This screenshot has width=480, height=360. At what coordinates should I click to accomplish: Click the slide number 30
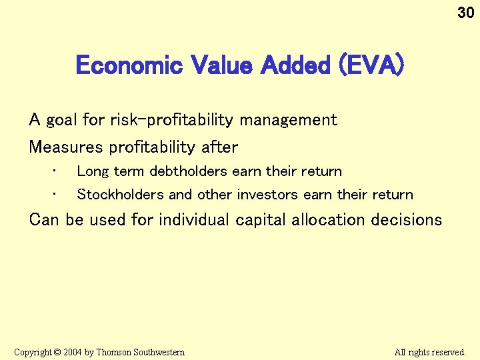[x=465, y=12]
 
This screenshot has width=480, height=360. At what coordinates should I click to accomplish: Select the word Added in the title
[x=296, y=65]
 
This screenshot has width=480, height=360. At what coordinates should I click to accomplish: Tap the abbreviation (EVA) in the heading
[x=370, y=65]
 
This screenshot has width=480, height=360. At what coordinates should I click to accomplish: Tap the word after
[x=219, y=146]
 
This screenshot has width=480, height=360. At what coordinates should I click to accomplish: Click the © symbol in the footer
[x=57, y=352]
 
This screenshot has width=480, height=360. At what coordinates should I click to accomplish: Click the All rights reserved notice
[x=429, y=352]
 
